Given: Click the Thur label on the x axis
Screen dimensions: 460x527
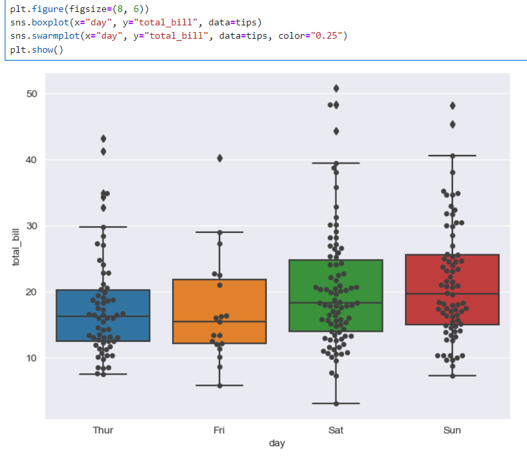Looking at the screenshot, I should point(103,431).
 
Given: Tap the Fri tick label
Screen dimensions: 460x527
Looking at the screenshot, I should point(219,431).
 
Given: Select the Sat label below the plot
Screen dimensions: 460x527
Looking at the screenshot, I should point(336,431).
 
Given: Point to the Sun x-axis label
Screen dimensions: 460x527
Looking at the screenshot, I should point(452,431).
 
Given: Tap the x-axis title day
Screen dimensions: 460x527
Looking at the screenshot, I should point(276,443).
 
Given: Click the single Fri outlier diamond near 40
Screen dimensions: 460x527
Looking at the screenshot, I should point(219,158).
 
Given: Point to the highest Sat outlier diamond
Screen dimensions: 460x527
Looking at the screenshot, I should point(336,88).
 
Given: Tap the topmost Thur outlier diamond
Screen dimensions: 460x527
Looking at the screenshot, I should point(103,139).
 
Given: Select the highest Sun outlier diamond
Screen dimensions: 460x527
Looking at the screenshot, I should point(452,105).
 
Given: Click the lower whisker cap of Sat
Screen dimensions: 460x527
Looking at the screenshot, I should point(336,403).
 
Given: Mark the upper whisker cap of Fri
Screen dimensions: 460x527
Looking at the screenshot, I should point(219,232).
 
